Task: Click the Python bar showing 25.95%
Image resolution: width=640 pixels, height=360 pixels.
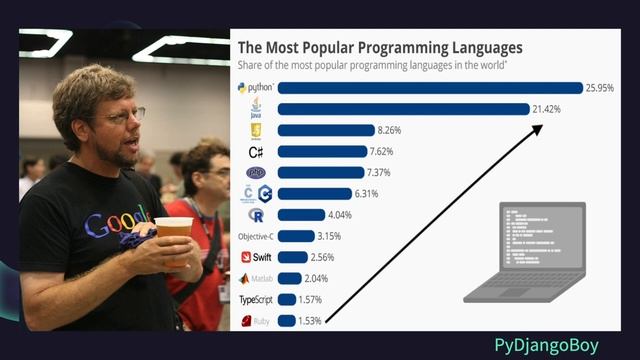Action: point(430,88)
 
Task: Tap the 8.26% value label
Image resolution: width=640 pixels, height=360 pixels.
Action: point(361,130)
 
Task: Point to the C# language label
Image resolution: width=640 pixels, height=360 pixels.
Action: point(256,151)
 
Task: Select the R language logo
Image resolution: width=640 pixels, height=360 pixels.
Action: point(256,214)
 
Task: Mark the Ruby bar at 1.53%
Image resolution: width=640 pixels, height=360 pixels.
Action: point(286,321)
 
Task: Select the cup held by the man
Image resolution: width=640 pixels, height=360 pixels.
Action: point(172,236)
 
